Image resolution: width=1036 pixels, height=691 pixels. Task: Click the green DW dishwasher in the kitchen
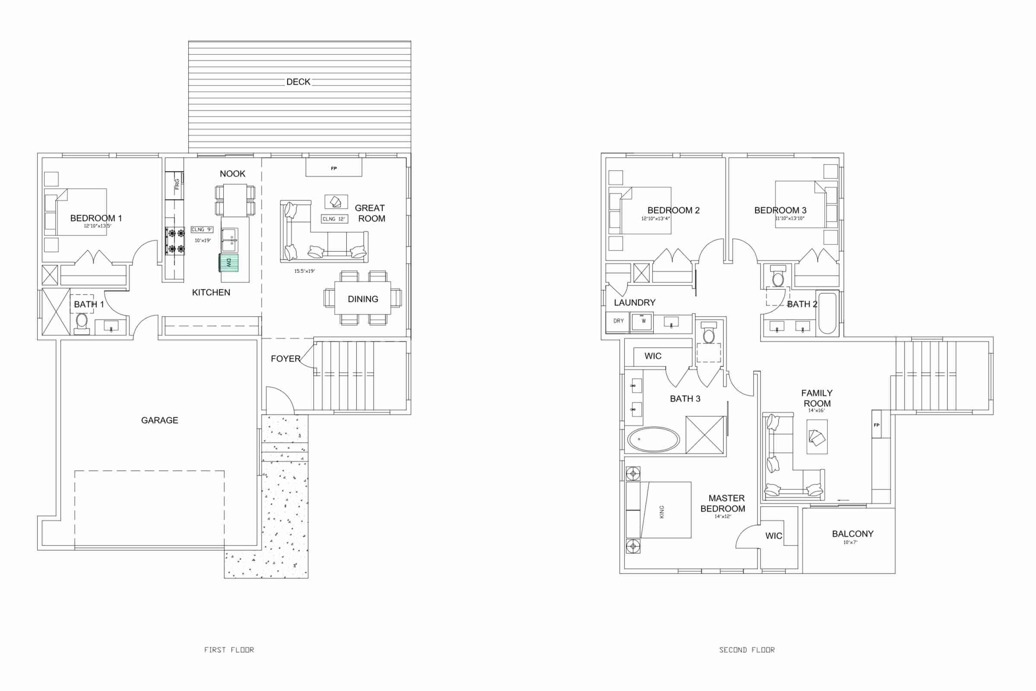tap(229, 263)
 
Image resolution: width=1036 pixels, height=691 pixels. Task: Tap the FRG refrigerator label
tap(177, 184)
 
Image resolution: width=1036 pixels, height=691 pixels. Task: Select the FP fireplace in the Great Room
tap(334, 168)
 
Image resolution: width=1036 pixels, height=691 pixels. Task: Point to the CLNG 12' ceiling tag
tap(334, 219)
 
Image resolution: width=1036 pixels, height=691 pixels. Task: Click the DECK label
tap(298, 82)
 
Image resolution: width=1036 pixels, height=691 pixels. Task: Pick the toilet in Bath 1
tap(82, 322)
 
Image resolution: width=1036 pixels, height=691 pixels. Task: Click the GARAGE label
tap(159, 420)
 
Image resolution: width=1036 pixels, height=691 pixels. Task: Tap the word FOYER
tap(285, 359)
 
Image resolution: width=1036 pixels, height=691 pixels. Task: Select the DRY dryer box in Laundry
tap(619, 321)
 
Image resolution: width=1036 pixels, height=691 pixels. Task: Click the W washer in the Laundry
tap(643, 321)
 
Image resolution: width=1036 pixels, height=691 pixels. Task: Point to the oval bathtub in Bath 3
tap(653, 439)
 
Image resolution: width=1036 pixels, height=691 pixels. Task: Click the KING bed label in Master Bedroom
tap(662, 512)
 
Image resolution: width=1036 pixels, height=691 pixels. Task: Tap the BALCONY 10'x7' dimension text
tap(850, 542)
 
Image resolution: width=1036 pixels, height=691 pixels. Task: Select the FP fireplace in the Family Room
tap(877, 425)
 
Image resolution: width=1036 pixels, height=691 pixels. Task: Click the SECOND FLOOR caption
tap(747, 650)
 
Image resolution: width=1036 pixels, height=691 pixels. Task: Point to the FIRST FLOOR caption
tap(229, 650)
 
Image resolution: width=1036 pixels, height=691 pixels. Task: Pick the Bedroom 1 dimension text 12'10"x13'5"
tap(98, 226)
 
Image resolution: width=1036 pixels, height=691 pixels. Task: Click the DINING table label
tap(363, 299)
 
